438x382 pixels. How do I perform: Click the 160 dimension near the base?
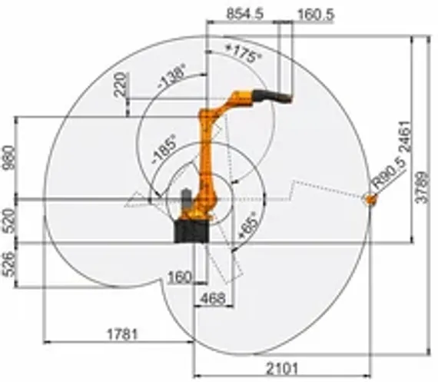(x=179, y=277)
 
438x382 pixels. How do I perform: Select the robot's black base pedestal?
(x=190, y=233)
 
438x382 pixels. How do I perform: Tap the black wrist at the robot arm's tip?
(x=276, y=97)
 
